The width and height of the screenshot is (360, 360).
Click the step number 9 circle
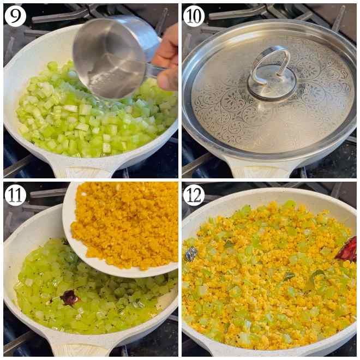click(x=15, y=15)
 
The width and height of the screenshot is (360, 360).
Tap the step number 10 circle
click(x=194, y=15)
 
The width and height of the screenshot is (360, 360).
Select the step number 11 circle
click(x=15, y=195)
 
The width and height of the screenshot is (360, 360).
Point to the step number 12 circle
click(x=194, y=195)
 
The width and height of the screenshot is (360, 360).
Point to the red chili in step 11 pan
click(x=70, y=297)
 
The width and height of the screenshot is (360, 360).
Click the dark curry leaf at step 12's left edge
click(x=191, y=254)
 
